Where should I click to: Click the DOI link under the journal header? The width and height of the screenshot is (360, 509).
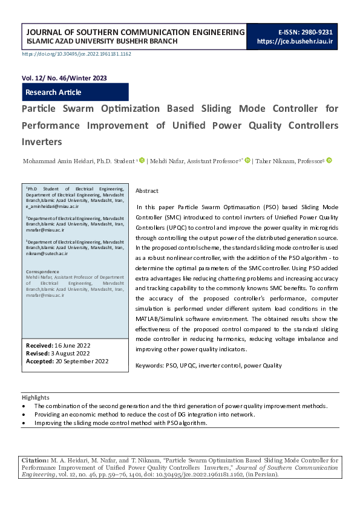point(76,54)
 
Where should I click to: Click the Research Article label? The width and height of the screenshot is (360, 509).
point(53,92)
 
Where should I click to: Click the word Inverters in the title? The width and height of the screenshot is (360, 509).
point(42,142)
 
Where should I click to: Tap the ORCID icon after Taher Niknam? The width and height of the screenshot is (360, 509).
point(329,161)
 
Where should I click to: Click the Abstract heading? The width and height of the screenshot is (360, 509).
point(147,190)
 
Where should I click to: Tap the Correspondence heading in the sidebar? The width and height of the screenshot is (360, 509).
point(42,272)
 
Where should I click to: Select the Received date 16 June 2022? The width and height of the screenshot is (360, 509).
point(72,345)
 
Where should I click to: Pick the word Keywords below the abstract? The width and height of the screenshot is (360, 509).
point(149,366)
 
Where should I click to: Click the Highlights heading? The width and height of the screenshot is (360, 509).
point(36,397)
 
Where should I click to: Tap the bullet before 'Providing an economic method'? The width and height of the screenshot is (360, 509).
point(24,415)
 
